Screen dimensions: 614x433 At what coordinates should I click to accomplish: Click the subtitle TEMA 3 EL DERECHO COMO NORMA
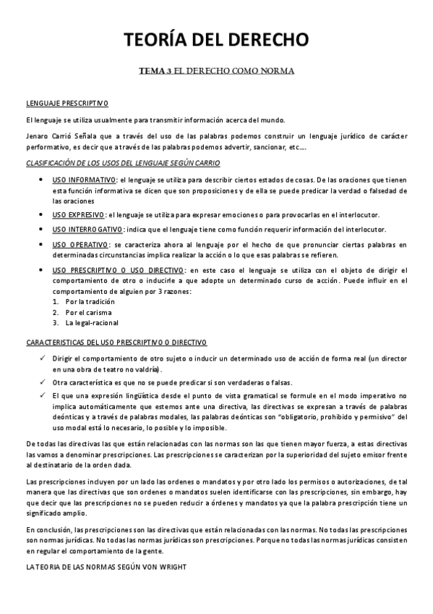coord(216,72)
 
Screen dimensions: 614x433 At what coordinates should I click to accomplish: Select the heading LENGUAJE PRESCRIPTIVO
coord(67,104)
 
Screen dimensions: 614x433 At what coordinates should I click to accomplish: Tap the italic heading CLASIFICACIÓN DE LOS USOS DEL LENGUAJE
coord(123,164)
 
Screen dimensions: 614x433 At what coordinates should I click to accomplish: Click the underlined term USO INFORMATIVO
coord(85,180)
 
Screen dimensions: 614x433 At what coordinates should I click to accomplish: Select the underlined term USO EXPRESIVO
coord(79,215)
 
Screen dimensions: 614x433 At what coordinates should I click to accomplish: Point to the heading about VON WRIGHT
coord(106,568)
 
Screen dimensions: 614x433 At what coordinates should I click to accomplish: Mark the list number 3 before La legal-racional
coord(56,323)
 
